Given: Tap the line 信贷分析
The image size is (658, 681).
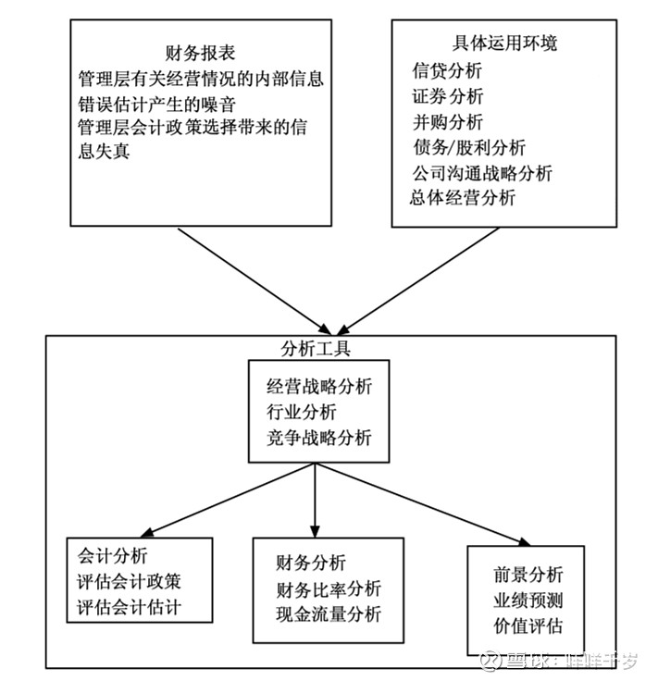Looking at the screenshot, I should (x=447, y=70).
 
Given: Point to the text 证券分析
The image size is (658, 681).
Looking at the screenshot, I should (x=447, y=96).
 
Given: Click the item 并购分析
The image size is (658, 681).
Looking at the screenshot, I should (x=447, y=121).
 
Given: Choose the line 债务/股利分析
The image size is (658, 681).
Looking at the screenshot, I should (x=469, y=147).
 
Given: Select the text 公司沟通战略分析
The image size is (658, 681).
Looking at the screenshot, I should (x=482, y=172).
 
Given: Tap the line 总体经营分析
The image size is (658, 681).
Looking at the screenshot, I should (x=463, y=197).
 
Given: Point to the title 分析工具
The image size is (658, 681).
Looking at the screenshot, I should (x=315, y=348).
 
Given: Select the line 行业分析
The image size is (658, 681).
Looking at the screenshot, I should (x=302, y=412).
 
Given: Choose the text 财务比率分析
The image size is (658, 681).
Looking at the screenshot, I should (x=328, y=589).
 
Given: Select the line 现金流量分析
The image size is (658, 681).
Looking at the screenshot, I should (x=328, y=614).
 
